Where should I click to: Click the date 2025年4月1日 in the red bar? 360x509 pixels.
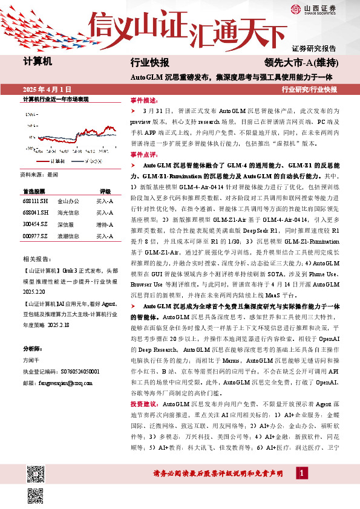[x=46, y=89]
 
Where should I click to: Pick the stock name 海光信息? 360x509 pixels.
[x=67, y=213]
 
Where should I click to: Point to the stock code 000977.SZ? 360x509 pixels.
[x=34, y=236]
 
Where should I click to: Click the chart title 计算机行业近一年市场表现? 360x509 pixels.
[x=56, y=99]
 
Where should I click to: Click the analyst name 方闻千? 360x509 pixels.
[x=31, y=360]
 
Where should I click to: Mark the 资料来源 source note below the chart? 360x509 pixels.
[x=39, y=173]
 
